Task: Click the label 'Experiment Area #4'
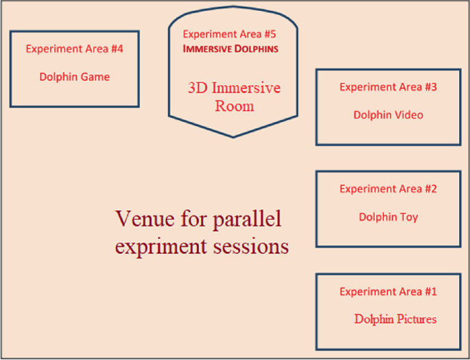point(74,49)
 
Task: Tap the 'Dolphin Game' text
point(74,77)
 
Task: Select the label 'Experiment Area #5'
point(229,34)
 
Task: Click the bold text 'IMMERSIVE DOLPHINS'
point(231,49)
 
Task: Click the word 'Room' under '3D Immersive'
point(235,106)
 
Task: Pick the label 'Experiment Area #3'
point(388,87)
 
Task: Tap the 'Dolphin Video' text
point(388,115)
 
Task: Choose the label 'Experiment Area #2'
point(388,189)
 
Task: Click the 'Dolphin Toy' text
point(388,217)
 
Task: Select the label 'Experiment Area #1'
point(388,291)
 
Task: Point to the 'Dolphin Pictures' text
point(395,320)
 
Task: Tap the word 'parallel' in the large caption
point(247,219)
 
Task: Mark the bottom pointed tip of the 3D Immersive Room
point(233,137)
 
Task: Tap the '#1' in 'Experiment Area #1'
point(431,291)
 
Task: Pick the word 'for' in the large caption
point(193,219)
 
